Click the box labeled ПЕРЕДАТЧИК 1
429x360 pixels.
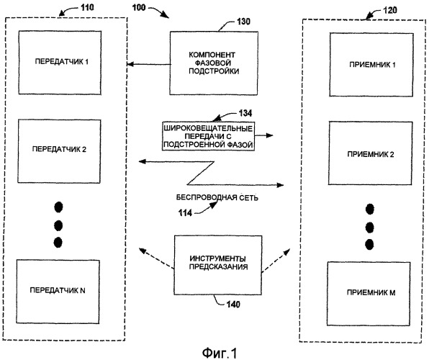pos(60,63)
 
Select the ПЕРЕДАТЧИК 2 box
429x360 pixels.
pos(59,151)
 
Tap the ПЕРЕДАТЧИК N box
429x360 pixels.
pos(58,292)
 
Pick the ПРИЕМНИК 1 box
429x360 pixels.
pos(371,65)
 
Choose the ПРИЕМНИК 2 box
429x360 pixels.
pos(370,153)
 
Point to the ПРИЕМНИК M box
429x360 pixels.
pos(369,294)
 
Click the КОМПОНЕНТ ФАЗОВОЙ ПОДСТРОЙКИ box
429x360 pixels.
pos(214,63)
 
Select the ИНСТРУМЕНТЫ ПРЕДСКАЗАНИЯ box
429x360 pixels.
pos(218,265)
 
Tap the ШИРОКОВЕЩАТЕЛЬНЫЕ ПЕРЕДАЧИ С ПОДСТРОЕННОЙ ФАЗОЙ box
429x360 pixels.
pos(208,136)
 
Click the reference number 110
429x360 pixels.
pos(87,7)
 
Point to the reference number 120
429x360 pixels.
pos(390,10)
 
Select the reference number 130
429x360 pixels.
pos(243,22)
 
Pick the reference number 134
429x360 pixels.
pos(245,113)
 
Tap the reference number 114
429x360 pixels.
pos(185,212)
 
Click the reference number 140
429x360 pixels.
pos(233,304)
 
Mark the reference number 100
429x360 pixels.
pos(139,7)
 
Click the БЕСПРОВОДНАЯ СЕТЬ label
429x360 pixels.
pos(217,197)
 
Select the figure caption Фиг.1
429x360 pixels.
pos(220,353)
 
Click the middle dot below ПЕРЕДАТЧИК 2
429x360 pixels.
pos(58,225)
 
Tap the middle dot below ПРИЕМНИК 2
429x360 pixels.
pos(370,228)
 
